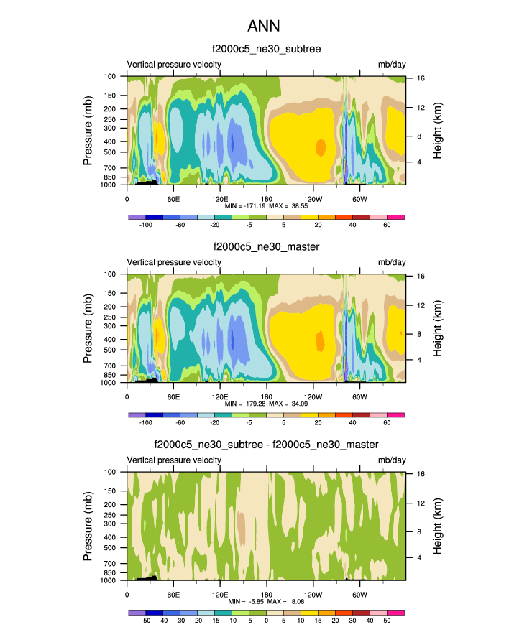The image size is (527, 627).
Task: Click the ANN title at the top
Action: pyautogui.click(x=263, y=26)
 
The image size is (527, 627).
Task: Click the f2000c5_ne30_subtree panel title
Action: pyautogui.click(x=266, y=50)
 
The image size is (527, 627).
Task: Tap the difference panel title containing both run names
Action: pyautogui.click(x=266, y=445)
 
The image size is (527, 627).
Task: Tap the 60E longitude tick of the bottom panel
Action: pyautogui.click(x=173, y=594)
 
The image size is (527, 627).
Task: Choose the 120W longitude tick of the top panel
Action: pyautogui.click(x=313, y=198)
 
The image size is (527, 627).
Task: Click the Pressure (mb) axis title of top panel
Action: pyautogui.click(x=88, y=130)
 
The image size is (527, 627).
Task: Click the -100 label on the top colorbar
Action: pyautogui.click(x=145, y=225)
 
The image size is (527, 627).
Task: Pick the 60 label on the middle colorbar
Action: pyautogui.click(x=387, y=423)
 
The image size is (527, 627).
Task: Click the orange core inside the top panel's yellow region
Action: pyautogui.click(x=321, y=147)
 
